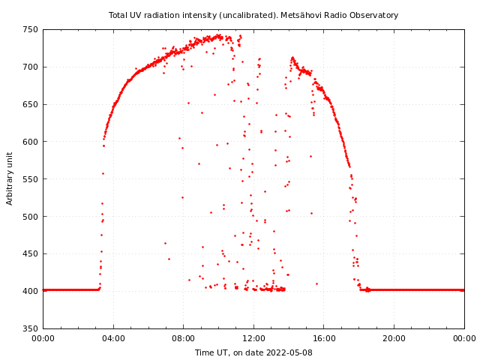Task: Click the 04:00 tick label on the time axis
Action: coord(113,338)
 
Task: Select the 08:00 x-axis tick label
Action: coord(184,338)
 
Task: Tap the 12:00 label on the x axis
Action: coord(253,338)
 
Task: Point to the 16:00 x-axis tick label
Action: coord(324,338)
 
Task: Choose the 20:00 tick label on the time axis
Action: coord(394,338)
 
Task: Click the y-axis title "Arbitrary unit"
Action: coord(10,179)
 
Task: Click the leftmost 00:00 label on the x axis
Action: coord(43,338)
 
